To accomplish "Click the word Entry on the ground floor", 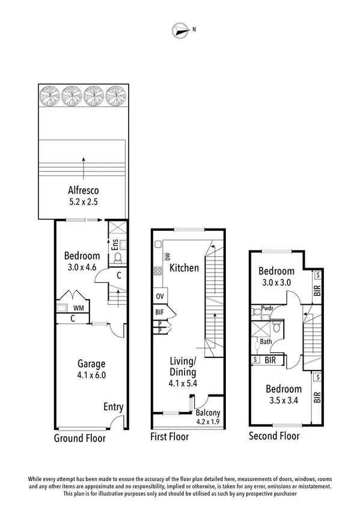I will click(x=113, y=407).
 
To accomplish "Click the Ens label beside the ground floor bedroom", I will click(x=114, y=245).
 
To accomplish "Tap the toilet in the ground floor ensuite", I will click(x=118, y=258).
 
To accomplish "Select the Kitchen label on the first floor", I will click(x=183, y=268).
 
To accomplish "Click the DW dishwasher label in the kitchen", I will click(x=159, y=256).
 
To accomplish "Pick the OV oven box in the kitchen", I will click(x=160, y=296).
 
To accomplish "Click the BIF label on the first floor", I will click(x=160, y=312).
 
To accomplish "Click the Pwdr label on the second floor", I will click(x=267, y=308).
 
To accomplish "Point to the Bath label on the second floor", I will click(x=265, y=342).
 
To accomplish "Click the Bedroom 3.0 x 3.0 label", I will click(x=276, y=276).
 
